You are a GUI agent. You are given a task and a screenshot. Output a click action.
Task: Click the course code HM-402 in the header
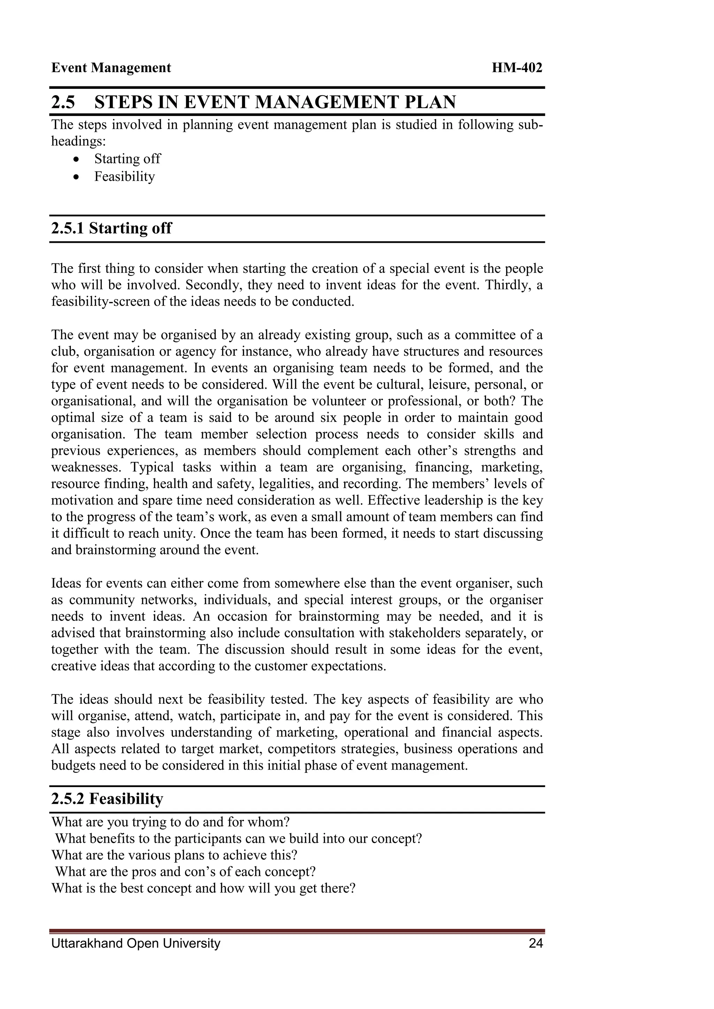tap(517, 68)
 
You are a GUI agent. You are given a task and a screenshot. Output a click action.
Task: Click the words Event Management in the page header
tap(111, 68)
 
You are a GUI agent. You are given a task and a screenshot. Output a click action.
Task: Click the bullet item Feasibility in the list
tap(124, 177)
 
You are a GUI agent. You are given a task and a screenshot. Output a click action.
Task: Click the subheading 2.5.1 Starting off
tap(111, 229)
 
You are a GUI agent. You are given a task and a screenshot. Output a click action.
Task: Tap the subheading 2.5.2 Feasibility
tap(107, 799)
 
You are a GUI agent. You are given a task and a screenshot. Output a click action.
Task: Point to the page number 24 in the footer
tap(536, 943)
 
